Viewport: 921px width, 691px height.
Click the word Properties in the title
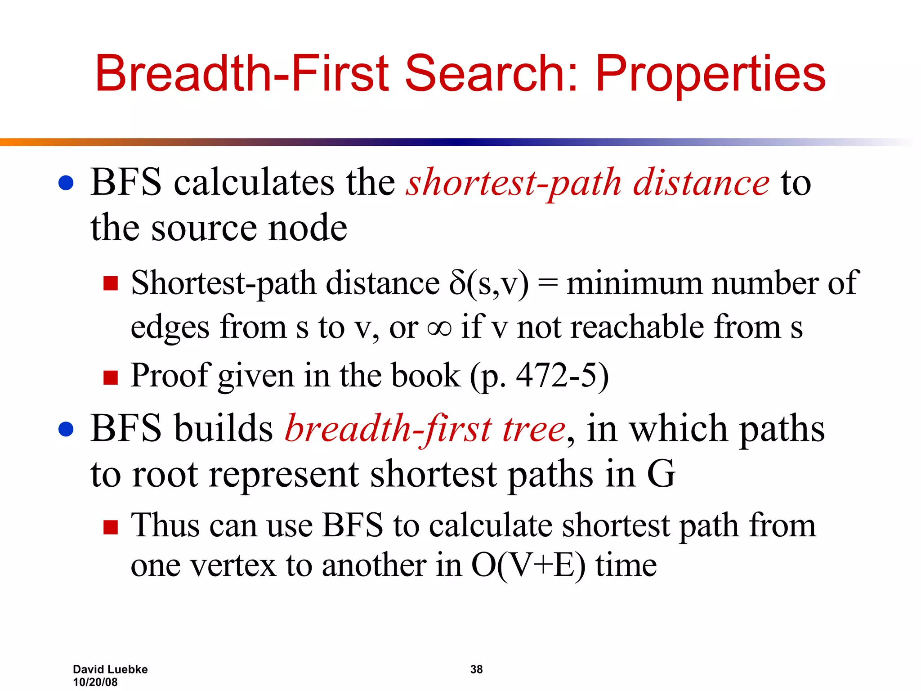click(x=711, y=74)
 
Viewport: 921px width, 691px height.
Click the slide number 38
click(x=476, y=669)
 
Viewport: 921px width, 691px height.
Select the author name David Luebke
click(x=110, y=669)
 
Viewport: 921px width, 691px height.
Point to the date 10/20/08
click(x=95, y=682)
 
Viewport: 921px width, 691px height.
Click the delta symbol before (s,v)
click(x=457, y=283)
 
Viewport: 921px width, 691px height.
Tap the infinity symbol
click(x=439, y=328)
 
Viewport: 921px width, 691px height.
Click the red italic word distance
click(x=701, y=183)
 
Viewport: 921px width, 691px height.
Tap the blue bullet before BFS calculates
click(x=66, y=183)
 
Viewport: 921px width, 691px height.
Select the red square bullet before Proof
click(x=110, y=377)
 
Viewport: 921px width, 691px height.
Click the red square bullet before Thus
click(x=110, y=527)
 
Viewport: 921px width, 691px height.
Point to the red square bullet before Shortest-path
click(x=110, y=284)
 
